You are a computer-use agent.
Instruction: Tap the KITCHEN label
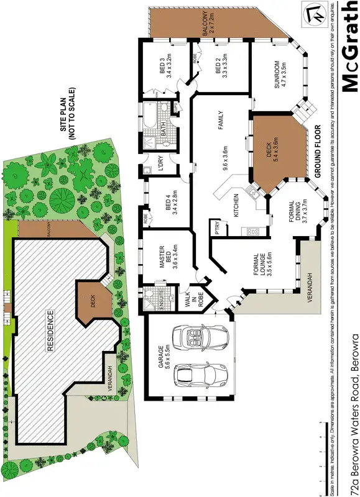tap(236, 205)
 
